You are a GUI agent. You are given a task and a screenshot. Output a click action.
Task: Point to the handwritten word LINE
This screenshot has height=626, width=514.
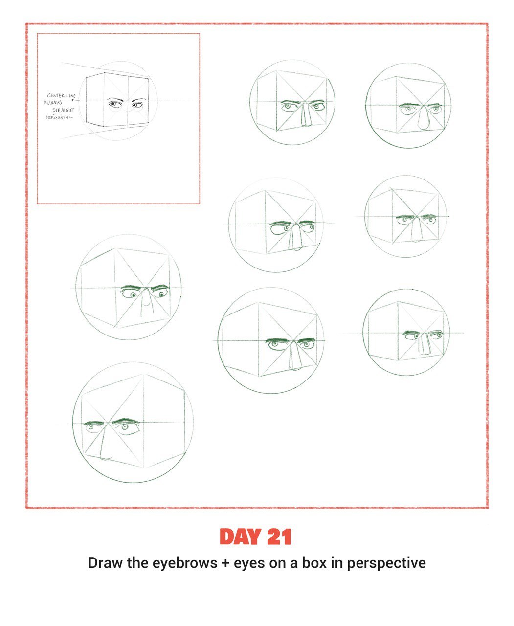pos(71,95)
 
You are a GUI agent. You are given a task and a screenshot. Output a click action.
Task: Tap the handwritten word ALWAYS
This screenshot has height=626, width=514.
pos(53,102)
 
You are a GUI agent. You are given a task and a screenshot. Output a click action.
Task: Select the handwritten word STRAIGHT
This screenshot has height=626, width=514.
pos(63,110)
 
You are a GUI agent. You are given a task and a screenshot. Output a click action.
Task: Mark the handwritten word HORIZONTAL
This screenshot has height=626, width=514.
pos(59,117)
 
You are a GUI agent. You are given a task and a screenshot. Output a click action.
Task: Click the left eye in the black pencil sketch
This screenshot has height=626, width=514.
pos(115,105)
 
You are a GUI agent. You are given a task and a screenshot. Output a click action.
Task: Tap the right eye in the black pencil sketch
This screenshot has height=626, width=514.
pos(137,105)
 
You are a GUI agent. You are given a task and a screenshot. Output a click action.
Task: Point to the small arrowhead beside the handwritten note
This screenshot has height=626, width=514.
pos(72,100)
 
